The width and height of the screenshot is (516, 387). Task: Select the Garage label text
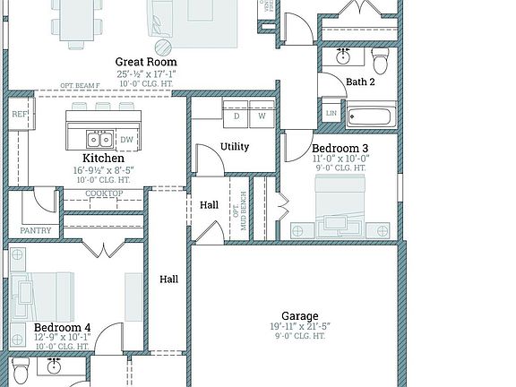coord(299,316)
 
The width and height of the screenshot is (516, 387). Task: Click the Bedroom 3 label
coord(340,148)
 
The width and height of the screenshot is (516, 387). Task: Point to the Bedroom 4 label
coord(62,328)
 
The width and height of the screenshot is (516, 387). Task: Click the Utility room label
coord(235,147)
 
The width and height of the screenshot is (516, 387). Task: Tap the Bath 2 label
coord(360,82)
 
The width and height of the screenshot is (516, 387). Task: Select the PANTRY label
coord(35,230)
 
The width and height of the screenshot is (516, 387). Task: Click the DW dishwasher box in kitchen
coord(126,140)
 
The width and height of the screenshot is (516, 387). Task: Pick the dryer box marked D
coord(237,116)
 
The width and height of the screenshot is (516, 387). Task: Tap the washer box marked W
coord(262,116)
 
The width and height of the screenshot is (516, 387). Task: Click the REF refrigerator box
coord(19,115)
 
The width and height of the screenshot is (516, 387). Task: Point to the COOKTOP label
coord(104,194)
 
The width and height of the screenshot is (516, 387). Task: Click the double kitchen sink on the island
coord(99,139)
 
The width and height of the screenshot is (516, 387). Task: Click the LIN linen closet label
coord(331,114)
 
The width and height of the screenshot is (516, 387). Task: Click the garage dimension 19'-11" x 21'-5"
coord(300,327)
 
